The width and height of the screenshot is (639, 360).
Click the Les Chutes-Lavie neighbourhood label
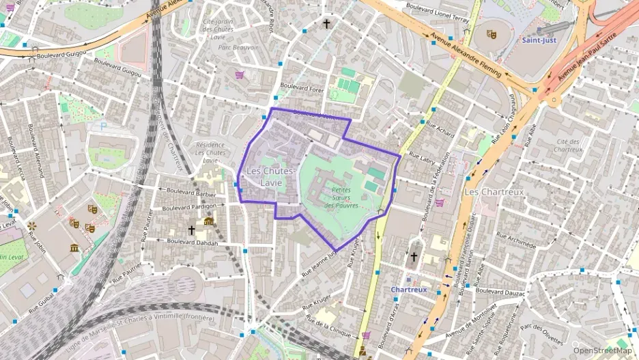coord(271,177)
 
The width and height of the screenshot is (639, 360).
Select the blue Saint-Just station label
coord(539,40)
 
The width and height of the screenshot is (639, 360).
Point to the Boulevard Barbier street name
coord(191,193)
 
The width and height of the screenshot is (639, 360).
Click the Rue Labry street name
coord(422,158)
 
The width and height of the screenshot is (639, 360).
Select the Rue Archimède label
coord(517,240)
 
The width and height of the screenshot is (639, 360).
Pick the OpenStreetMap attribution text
coord(602,350)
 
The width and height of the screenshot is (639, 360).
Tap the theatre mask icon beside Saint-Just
coord(491,33)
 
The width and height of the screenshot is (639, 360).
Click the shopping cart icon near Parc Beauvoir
coord(239,75)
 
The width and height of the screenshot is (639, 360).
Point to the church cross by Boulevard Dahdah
coord(191,230)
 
